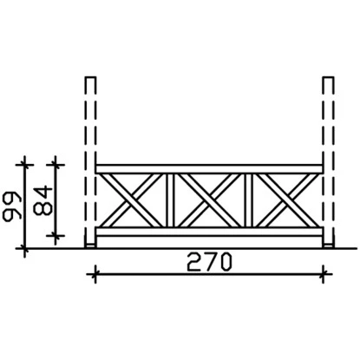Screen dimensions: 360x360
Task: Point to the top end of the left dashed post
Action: tap(89, 77)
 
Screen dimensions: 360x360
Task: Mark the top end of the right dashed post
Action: tap(328, 77)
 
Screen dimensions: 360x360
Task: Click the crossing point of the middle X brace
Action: tap(209, 200)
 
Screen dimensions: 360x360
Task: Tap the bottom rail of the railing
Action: tap(208, 233)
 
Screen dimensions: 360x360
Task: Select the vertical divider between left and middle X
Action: tap(171, 200)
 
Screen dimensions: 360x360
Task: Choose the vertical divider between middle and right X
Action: tap(246, 200)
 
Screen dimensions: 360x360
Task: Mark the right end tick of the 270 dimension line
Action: tap(324, 275)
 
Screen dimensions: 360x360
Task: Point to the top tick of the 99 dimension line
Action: tap(25, 162)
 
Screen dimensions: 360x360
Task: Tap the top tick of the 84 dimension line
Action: tap(56, 162)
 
